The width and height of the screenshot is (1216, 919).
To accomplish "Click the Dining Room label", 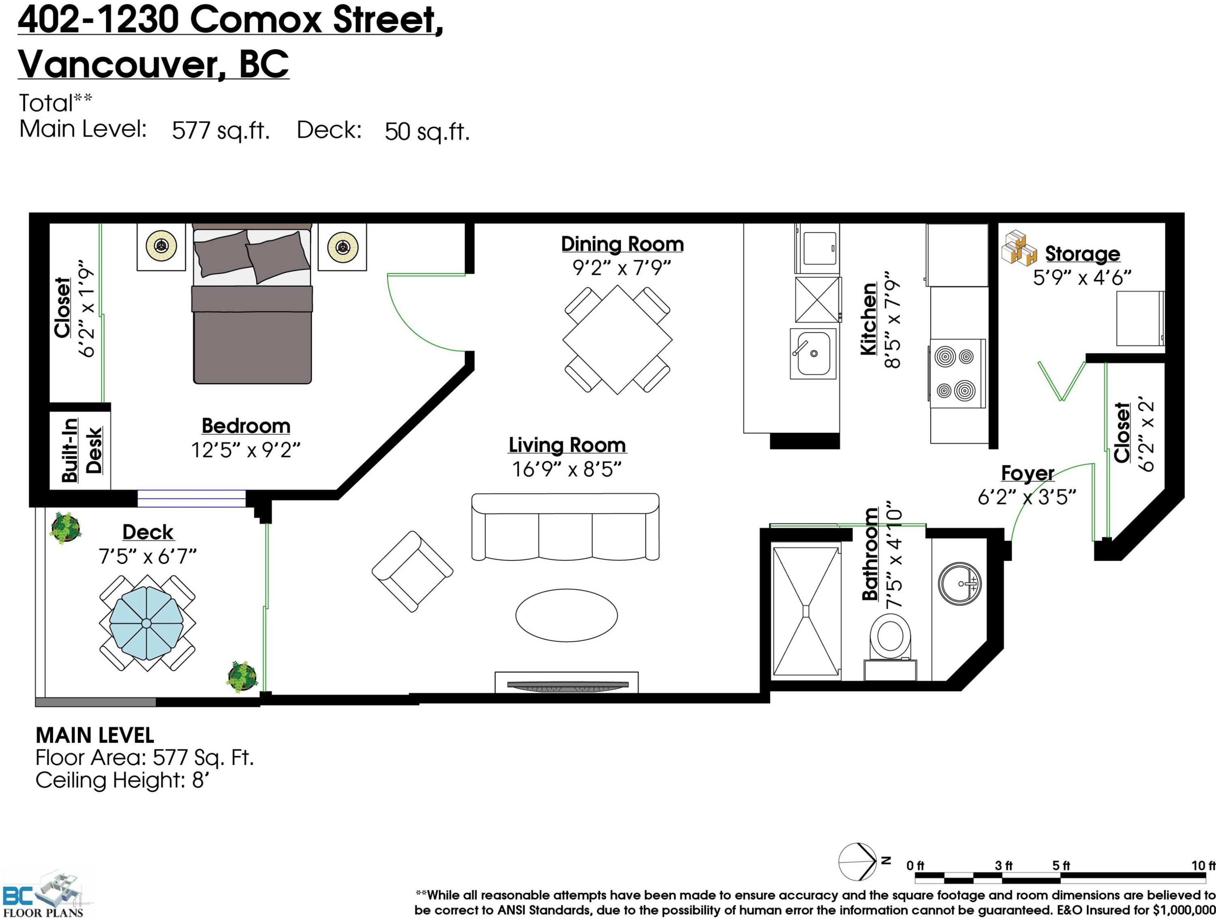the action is pyautogui.click(x=622, y=244).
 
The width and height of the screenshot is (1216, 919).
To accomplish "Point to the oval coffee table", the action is pyautogui.click(x=566, y=615).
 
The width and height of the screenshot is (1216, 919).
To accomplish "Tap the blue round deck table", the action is pyautogui.click(x=146, y=623).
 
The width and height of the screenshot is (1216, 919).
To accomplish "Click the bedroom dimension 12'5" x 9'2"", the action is pyautogui.click(x=246, y=450).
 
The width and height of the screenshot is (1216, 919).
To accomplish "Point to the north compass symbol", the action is pyautogui.click(x=858, y=861).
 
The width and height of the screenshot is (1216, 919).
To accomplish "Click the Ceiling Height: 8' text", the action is pyautogui.click(x=122, y=780).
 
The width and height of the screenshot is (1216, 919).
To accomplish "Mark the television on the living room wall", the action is pyautogui.click(x=567, y=684).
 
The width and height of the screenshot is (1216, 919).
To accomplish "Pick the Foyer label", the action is pyautogui.click(x=1028, y=473).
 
